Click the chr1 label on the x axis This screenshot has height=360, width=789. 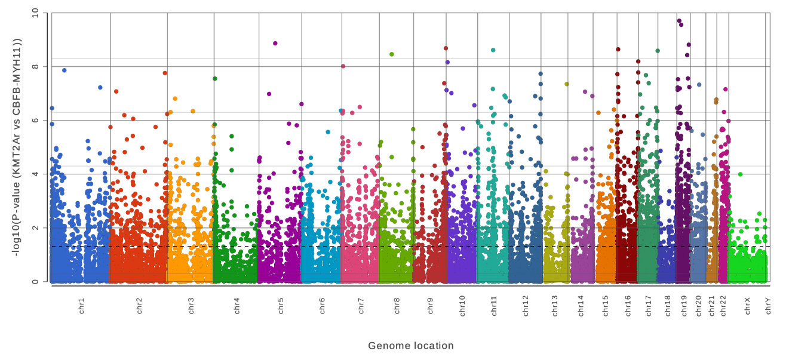(81, 306)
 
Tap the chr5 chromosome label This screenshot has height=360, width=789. (280, 306)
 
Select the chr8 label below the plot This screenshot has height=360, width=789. (397, 306)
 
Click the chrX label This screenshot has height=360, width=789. (747, 306)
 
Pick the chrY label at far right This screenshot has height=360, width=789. (768, 306)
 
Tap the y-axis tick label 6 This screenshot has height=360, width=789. (36, 121)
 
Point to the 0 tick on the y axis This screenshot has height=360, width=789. (36, 282)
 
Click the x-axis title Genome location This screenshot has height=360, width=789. (411, 346)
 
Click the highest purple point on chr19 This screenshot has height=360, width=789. (679, 21)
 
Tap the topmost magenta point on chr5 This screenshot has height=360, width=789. (275, 44)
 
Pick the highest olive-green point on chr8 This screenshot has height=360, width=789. (392, 54)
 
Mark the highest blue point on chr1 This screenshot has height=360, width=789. (65, 70)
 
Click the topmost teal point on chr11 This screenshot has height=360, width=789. (493, 50)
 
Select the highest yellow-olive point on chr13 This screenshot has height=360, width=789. (567, 84)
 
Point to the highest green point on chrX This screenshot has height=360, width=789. (740, 174)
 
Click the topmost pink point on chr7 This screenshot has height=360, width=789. (343, 66)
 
